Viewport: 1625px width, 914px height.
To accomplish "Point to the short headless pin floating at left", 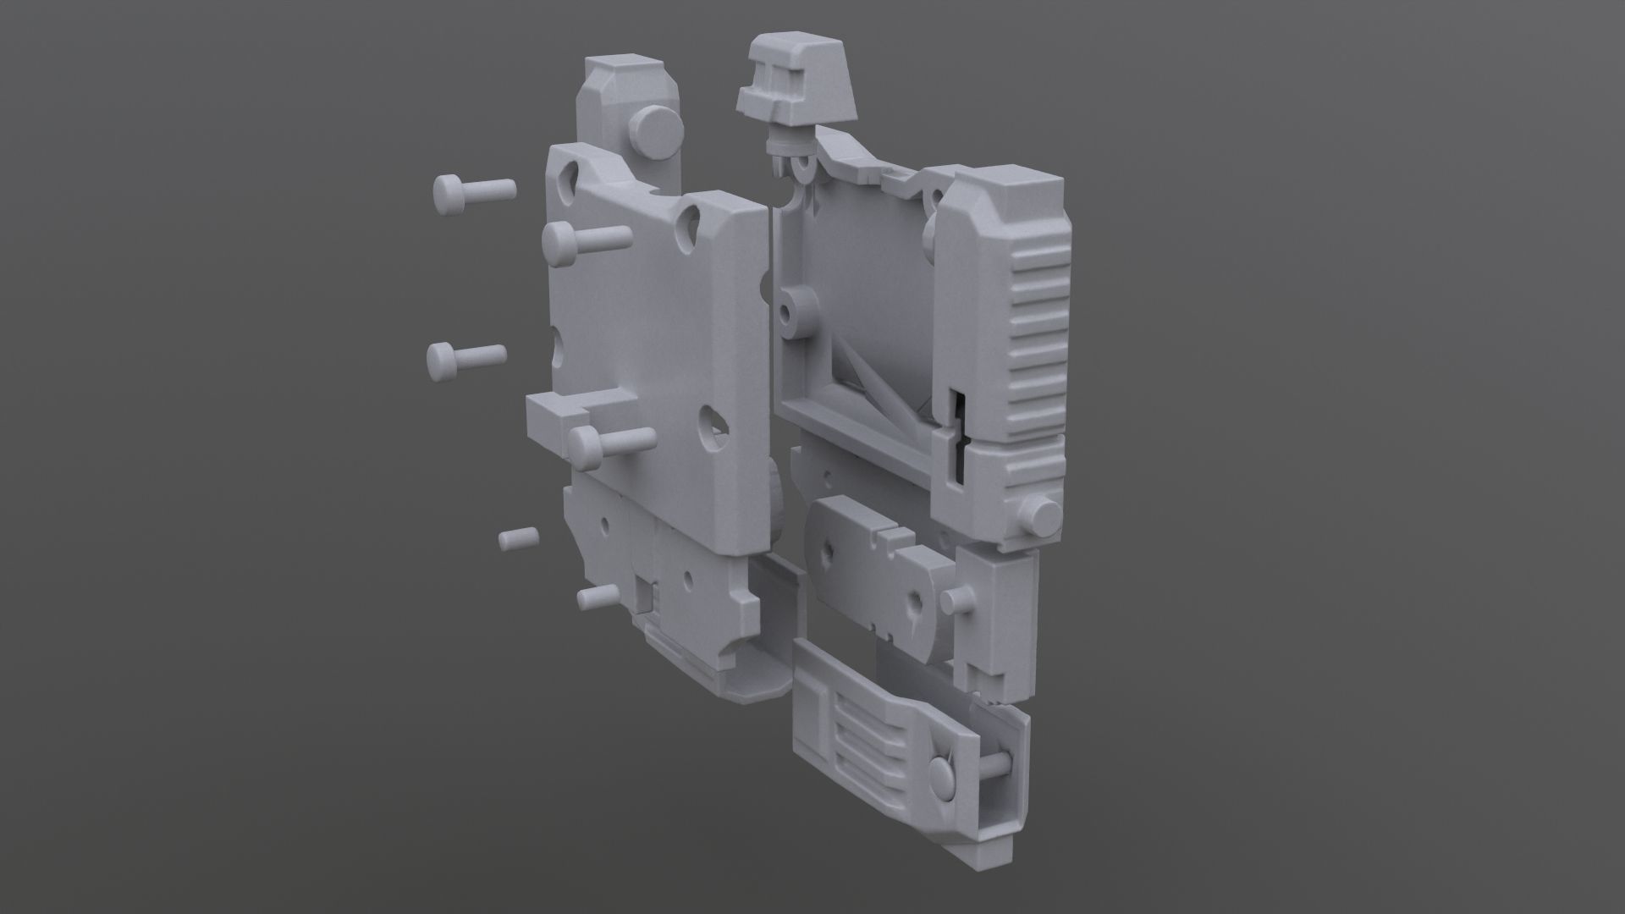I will click(x=518, y=538).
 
